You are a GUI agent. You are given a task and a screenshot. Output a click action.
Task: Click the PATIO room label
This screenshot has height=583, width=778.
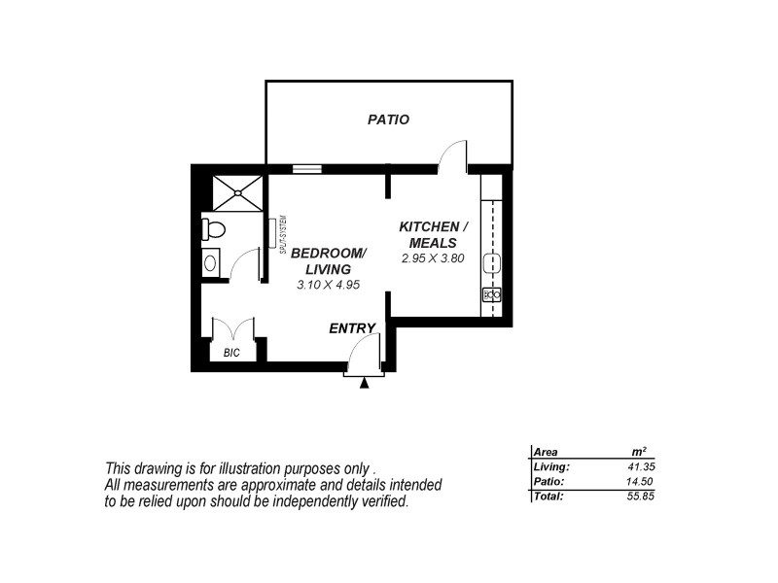coord(388,120)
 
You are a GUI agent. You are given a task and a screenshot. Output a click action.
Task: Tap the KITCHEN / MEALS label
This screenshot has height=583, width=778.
coord(433,234)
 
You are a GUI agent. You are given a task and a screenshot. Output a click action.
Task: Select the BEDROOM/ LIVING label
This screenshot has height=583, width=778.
coord(329,260)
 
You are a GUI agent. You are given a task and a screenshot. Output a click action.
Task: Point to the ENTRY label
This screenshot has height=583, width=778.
coord(352,328)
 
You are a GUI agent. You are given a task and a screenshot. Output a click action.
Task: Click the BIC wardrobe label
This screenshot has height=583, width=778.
coord(231,353)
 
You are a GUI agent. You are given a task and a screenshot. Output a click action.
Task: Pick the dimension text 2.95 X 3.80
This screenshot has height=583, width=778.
coord(433,259)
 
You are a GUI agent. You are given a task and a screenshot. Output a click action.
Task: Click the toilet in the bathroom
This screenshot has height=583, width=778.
coord(213,229)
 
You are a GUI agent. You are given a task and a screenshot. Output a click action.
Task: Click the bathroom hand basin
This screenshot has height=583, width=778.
coord(210,262)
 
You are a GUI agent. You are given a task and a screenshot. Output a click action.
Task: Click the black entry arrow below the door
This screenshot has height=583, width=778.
coord(365,384)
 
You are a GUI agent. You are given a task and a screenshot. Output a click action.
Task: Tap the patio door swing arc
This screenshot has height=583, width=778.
coord(453,155)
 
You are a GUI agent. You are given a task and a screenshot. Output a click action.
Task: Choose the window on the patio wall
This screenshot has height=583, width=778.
coord(306,168)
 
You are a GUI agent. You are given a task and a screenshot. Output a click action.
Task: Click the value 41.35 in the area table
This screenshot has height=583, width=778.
coord(643,467)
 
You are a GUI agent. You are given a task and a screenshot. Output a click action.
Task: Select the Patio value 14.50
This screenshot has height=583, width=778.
coord(643,482)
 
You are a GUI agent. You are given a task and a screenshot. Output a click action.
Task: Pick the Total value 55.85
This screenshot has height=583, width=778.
coord(643,497)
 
